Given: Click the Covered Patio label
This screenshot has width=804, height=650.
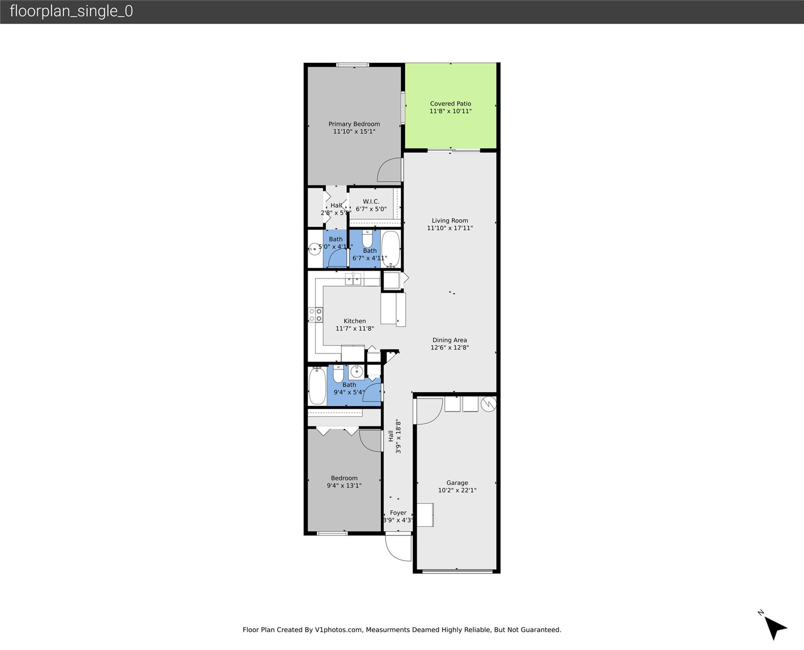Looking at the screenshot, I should pos(450,104).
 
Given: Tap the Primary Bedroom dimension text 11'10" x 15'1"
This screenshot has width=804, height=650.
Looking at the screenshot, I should pos(354,132).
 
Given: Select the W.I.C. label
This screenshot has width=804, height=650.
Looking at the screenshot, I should pos(371,201).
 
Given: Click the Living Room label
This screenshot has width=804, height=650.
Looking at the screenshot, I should pos(450,220).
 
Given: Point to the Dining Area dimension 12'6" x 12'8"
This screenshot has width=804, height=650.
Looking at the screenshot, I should pos(450,348).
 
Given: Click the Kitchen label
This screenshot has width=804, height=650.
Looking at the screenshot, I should pos(355,321).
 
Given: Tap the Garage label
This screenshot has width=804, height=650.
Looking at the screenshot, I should pos(457,483).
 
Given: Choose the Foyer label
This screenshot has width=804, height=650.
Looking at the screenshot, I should pos(398,513).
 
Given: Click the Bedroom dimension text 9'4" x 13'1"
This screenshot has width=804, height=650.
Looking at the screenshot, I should pos(344,486).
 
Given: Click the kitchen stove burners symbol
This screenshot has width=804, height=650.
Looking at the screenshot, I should pos(316,315).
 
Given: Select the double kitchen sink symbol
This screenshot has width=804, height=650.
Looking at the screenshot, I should pos(353,279).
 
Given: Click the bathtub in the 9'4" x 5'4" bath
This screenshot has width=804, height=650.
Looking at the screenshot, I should pos(317,386).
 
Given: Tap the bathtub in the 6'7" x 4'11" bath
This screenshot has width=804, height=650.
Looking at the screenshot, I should pos(391,248).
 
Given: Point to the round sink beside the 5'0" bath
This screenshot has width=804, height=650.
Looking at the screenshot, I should pos(314,249).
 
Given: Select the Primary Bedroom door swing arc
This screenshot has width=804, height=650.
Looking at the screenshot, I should pos(389,170).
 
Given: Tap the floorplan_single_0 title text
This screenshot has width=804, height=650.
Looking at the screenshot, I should pos(71,11).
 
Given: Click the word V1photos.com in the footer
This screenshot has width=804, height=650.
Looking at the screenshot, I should pos(339,630).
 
